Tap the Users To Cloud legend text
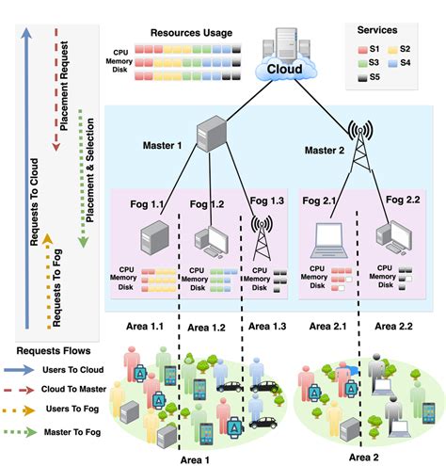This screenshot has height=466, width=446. pyautogui.click(x=72, y=370)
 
